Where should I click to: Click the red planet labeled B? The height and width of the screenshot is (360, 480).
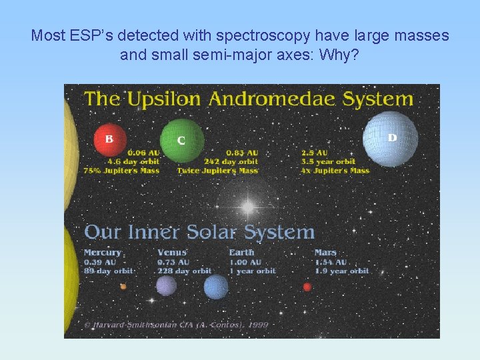tap(109, 140)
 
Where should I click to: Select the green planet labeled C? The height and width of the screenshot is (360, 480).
tap(181, 140)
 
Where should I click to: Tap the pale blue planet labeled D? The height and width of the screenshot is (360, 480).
tap(390, 139)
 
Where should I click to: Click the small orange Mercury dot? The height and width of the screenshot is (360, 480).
tap(123, 287)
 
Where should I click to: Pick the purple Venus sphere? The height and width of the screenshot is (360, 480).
tap(166, 286)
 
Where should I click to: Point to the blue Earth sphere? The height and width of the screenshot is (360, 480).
tap(215, 287)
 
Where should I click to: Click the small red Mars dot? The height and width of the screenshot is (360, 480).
tap(307, 287)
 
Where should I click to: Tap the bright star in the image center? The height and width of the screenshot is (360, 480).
tap(247, 207)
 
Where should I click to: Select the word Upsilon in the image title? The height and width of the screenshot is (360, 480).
tap(164, 99)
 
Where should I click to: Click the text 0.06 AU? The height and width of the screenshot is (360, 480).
tap(143, 153)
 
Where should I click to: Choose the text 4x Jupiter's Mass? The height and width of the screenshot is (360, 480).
tap(335, 171)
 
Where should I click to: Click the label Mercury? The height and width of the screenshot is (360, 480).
tap(103, 253)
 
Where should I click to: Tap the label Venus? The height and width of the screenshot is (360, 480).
tap(172, 253)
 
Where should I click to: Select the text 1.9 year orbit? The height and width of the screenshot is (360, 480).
tap(341, 271)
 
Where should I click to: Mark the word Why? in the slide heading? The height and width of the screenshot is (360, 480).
tap(339, 55)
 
